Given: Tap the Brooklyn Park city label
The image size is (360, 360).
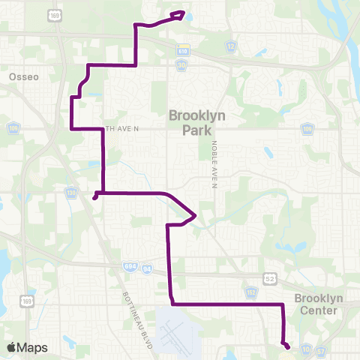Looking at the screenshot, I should coord(197,123).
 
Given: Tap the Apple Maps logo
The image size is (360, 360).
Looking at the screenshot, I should coord(28,347).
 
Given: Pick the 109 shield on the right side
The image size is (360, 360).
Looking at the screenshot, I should coord(306,129).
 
